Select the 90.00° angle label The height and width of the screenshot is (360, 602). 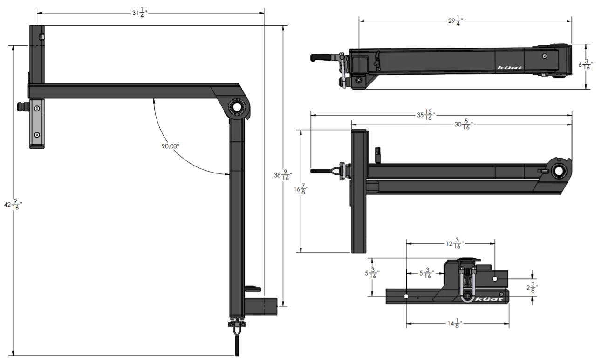(171, 146)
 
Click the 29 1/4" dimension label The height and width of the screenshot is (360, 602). (455, 21)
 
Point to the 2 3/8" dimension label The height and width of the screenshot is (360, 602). (533, 288)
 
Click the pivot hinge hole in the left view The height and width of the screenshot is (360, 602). (237, 107)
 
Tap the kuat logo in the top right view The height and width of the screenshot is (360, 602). (510, 68)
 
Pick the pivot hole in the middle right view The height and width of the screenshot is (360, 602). (558, 171)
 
